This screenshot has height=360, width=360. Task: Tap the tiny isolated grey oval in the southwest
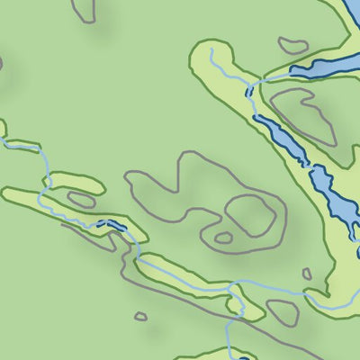pyautogui.click(x=140, y=317)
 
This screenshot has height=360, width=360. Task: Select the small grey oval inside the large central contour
pyautogui.click(x=223, y=238)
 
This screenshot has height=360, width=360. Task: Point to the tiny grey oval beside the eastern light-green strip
pyautogui.click(x=307, y=274)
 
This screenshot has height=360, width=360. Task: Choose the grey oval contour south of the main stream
pyautogui.click(x=282, y=311)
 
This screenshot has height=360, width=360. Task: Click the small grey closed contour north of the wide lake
pyautogui.click(x=293, y=44)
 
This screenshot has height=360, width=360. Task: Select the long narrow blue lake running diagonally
pyautogui.click(x=283, y=139)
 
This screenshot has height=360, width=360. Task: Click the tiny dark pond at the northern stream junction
pyautogui.click(x=248, y=90)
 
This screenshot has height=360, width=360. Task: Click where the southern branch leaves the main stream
pyautogui.click(x=231, y=290)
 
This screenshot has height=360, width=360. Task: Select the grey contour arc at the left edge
pyautogui.click(x=2, y=65)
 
